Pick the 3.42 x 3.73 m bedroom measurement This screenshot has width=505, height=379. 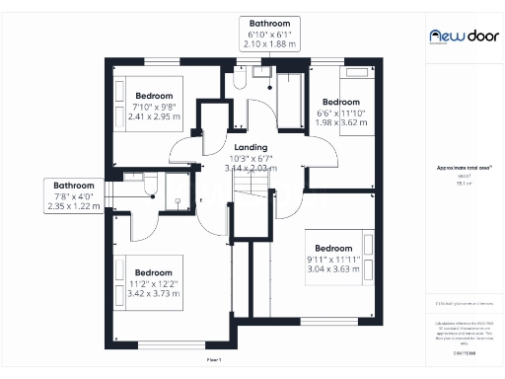[x=154, y=293]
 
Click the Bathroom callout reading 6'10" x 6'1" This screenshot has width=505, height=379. [x=268, y=34]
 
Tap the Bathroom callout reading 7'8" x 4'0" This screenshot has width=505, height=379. [x=74, y=195]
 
